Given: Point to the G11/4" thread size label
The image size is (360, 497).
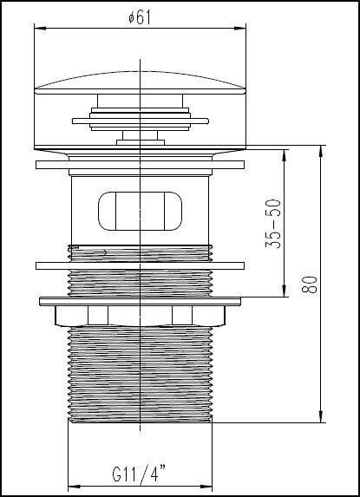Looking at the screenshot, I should click(140, 474).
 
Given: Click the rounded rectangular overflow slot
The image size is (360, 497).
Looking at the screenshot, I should click(140, 211).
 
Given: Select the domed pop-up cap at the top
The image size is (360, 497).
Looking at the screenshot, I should click(140, 88).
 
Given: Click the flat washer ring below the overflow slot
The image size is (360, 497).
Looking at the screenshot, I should click(140, 265).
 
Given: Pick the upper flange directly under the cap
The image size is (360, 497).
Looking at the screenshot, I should click(140, 162).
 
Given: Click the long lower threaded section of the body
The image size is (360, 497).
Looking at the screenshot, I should click(140, 373).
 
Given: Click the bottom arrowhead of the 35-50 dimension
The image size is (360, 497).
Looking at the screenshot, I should click(284, 293).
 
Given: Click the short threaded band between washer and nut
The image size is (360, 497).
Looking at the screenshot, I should click(140, 283).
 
